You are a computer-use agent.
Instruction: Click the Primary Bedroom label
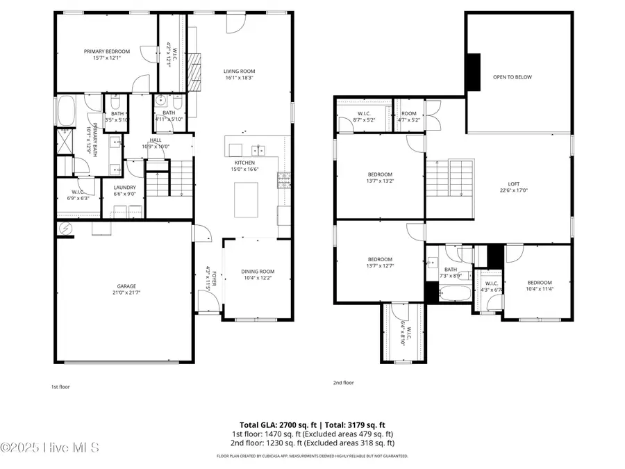click(102, 51)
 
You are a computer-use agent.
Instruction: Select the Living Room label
click(239, 71)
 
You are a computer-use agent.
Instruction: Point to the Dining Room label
click(258, 272)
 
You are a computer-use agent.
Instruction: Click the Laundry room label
click(125, 187)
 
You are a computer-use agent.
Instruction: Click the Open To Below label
click(512, 77)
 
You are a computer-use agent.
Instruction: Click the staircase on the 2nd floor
click(449, 177)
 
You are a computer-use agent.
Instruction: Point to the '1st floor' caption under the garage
click(60, 386)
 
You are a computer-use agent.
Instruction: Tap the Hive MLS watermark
click(50, 447)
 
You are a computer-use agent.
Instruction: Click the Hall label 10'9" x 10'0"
click(155, 142)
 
